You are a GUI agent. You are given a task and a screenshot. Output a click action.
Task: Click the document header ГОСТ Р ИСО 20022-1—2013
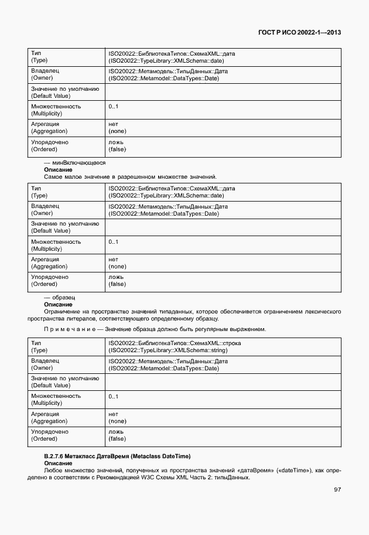tap(299, 33)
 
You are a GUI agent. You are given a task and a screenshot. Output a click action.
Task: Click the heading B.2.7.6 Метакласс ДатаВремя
tap(118, 456)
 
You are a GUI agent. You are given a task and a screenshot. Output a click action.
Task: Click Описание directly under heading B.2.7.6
tap(58, 463)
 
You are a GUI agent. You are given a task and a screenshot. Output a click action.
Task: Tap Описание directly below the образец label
tap(58, 305)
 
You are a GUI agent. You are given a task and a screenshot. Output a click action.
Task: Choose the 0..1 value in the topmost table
tap(113, 107)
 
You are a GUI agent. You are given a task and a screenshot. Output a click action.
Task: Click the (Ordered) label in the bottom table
tap(44, 438)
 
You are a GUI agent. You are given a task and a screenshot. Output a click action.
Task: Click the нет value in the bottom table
tap(114, 414)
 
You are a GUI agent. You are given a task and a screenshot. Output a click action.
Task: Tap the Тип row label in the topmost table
tap(36, 53)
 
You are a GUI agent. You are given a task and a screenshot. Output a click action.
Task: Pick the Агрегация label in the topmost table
tap(45, 124)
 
